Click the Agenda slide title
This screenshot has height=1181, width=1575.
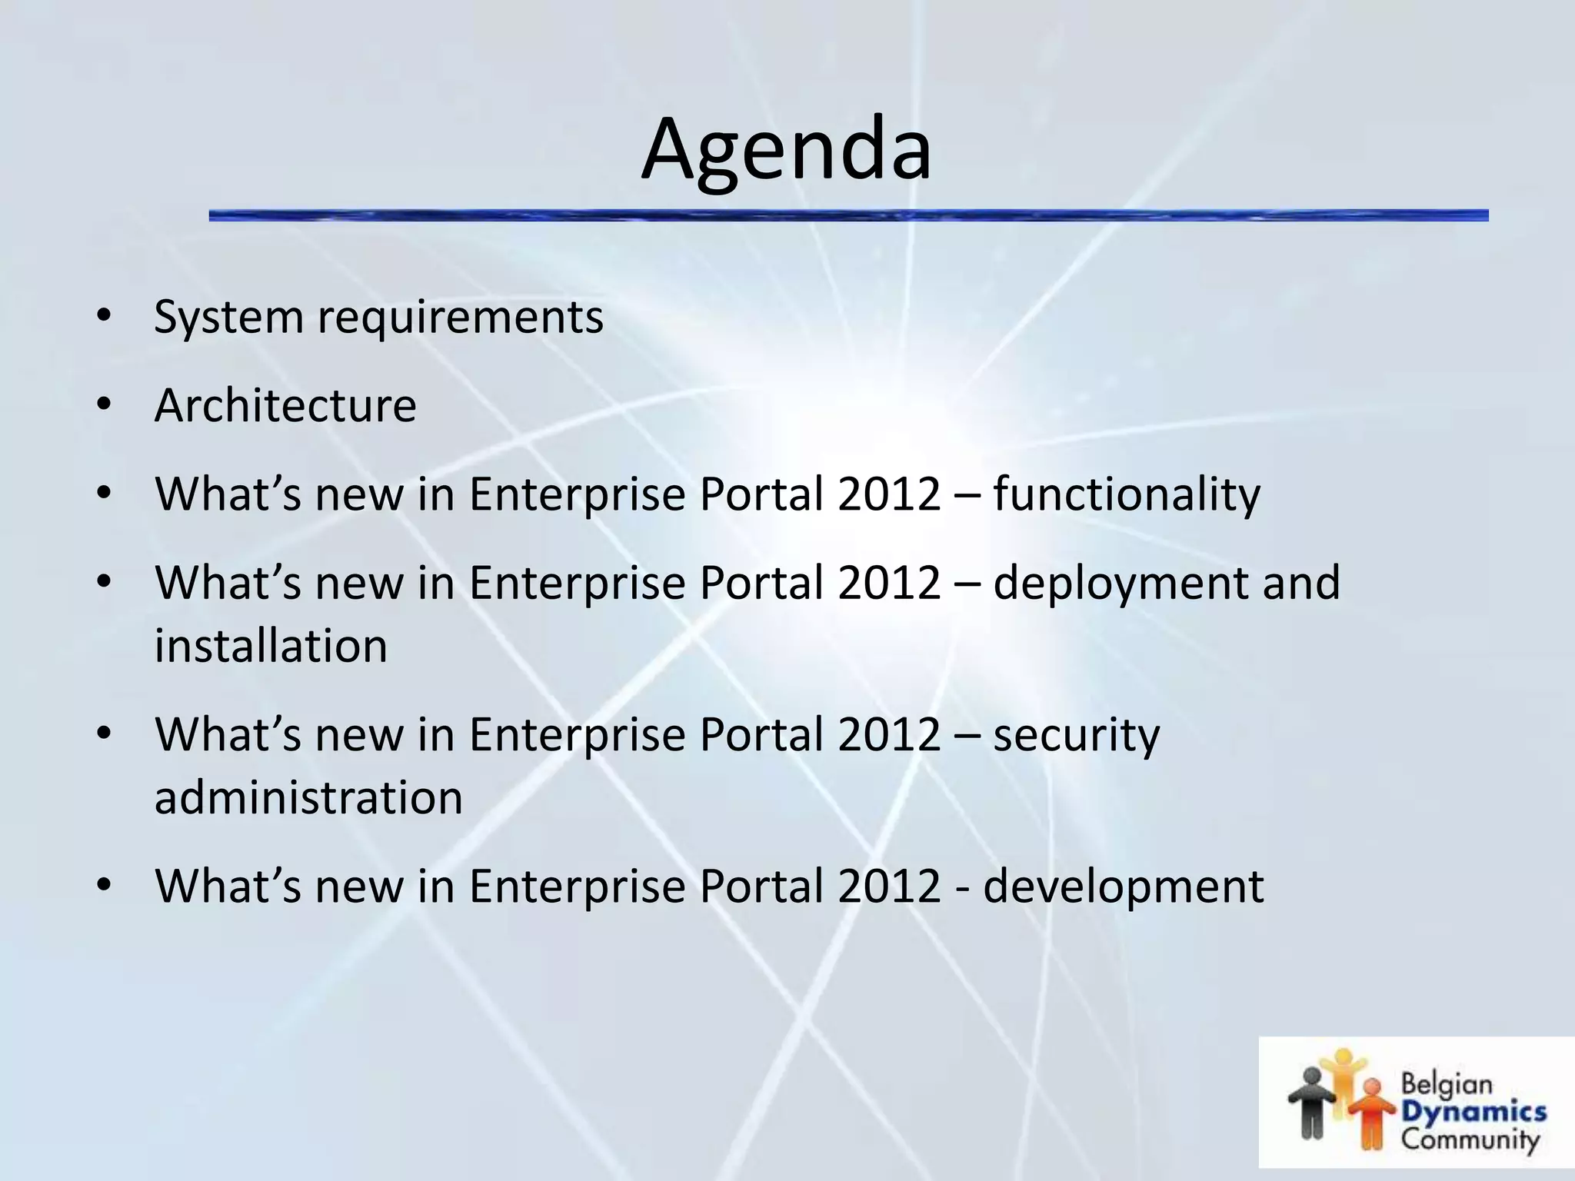pyautogui.click(x=786, y=151)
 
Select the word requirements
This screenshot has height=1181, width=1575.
pyautogui.click(x=461, y=317)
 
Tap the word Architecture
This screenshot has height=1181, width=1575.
pyautogui.click(x=285, y=405)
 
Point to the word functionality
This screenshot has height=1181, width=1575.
pyautogui.click(x=1127, y=494)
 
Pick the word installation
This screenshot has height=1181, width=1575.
pyautogui.click(x=271, y=645)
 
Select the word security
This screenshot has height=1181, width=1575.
pyautogui.click(x=1076, y=734)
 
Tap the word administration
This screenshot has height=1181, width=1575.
pyautogui.click(x=308, y=797)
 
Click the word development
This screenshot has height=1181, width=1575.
pyautogui.click(x=1123, y=886)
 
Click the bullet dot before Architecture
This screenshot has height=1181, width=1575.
pyautogui.click(x=105, y=405)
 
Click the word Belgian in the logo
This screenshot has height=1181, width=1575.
pyautogui.click(x=1446, y=1085)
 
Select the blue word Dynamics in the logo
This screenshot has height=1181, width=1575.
pyautogui.click(x=1473, y=1112)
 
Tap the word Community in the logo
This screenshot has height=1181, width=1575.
pyautogui.click(x=1470, y=1139)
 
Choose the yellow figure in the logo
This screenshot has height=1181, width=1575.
pyautogui.click(x=1342, y=1076)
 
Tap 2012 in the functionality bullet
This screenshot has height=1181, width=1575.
pyautogui.click(x=889, y=494)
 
